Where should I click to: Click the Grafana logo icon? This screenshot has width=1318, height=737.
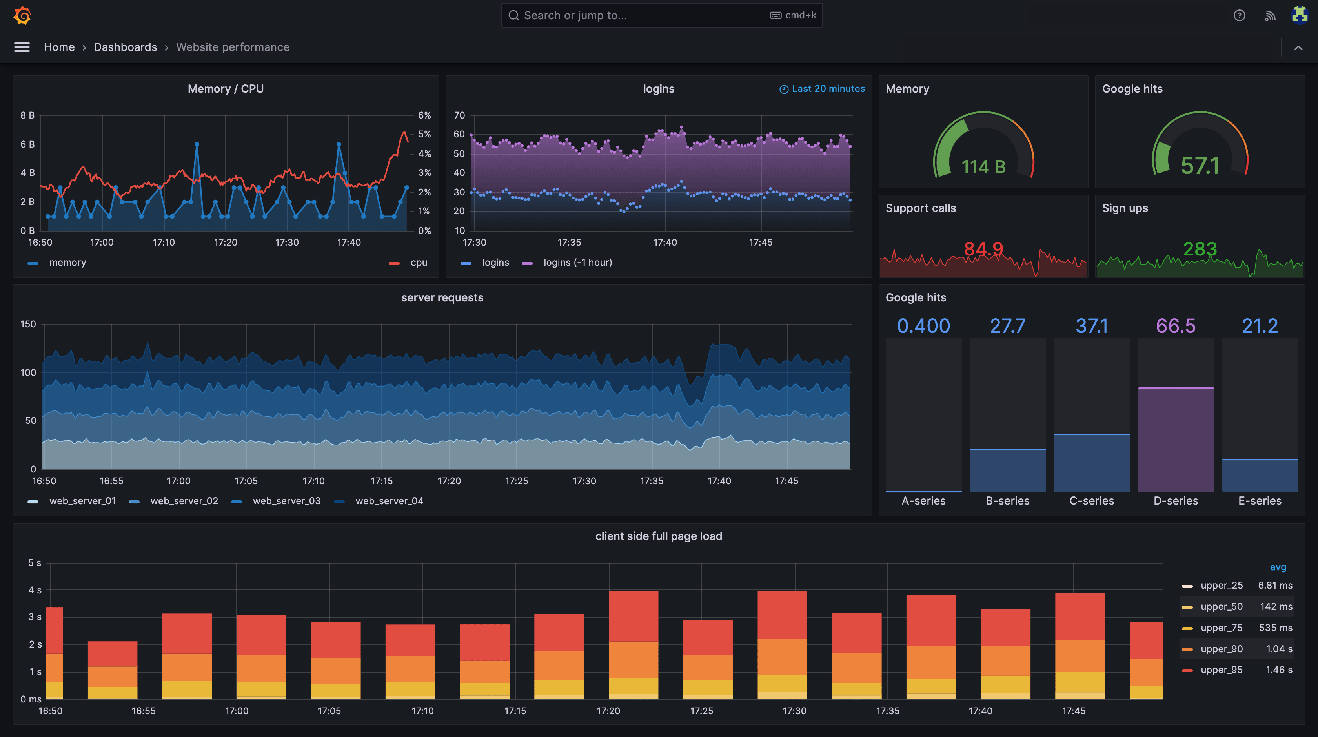[x=22, y=15]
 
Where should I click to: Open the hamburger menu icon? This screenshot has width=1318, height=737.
[x=22, y=47]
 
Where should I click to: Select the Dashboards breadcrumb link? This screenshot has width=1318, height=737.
[x=126, y=47]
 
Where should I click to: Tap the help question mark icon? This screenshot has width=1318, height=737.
[x=1239, y=15]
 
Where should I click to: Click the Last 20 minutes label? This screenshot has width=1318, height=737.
[x=827, y=89]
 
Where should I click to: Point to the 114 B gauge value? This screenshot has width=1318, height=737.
[x=983, y=167]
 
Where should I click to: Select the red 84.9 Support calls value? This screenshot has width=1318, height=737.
[x=983, y=249]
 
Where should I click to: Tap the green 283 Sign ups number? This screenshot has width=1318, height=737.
[x=1199, y=249]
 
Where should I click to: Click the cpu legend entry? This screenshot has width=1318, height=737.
[x=418, y=263]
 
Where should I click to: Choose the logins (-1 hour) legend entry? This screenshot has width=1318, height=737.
[x=577, y=263]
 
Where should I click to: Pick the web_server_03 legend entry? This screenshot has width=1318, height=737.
[x=286, y=501]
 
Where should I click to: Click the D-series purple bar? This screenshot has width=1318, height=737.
[x=1175, y=440]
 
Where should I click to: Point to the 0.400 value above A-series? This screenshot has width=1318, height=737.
[x=923, y=326]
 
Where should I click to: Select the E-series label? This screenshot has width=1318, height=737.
[x=1259, y=501]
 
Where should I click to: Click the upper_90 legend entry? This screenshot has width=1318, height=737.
[x=1221, y=649]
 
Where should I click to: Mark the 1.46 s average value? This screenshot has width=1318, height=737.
[x=1279, y=670]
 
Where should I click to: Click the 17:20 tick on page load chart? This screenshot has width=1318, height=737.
[x=608, y=711]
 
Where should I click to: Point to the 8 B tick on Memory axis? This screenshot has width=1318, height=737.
[x=27, y=115]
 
